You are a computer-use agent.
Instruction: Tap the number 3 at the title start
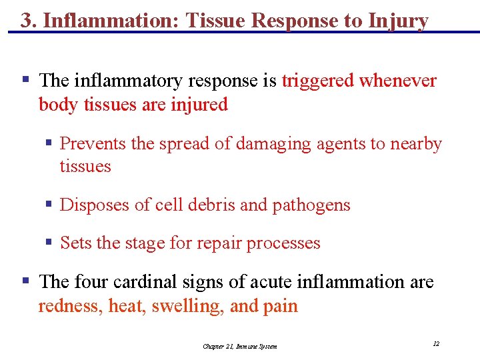coord(25,21)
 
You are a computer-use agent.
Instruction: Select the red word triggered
coord(317,81)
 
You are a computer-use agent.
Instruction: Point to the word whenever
coord(398,81)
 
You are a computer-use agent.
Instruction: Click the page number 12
coord(436,343)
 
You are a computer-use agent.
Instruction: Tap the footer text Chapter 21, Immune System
coord(240,346)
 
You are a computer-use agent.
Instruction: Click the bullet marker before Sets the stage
coord(49,243)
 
